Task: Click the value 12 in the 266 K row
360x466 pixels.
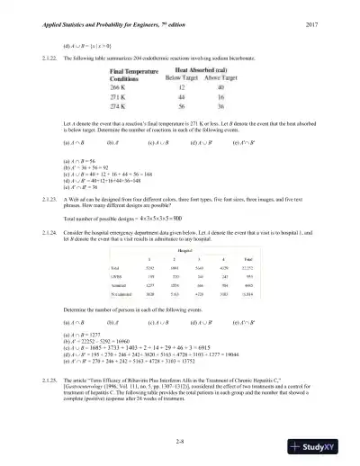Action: click(180, 88)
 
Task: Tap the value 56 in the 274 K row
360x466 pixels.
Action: click(180, 106)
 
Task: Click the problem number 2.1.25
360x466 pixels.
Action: click(40, 381)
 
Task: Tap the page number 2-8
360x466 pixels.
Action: click(181, 440)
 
